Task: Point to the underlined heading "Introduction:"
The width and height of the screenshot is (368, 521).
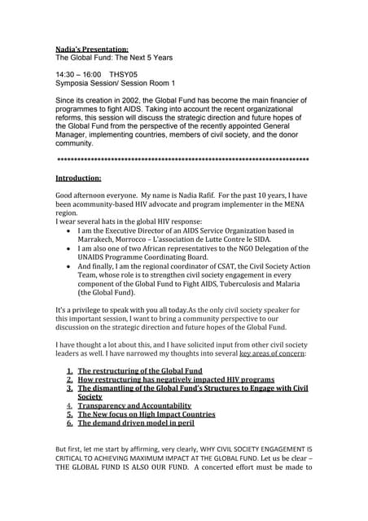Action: (x=78, y=177)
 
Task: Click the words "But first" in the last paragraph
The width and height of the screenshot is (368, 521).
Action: (x=71, y=449)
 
